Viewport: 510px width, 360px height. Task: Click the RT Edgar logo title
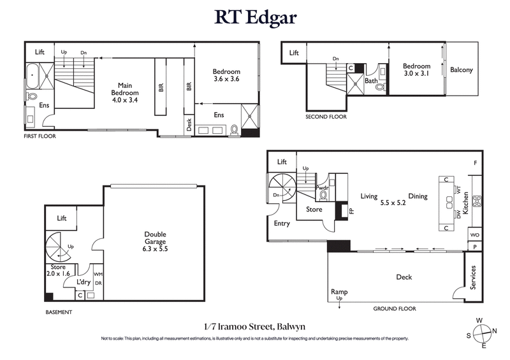pyautogui.click(x=254, y=17)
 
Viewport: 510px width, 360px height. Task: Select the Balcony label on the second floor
pyautogui.click(x=462, y=70)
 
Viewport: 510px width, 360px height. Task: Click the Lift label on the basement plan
pyautogui.click(x=62, y=218)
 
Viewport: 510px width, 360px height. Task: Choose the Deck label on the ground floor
pyautogui.click(x=404, y=277)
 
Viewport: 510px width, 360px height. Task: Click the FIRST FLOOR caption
pyautogui.click(x=40, y=136)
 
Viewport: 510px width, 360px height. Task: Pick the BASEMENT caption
pyautogui.click(x=59, y=312)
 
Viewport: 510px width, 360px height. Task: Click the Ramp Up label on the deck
pyautogui.click(x=339, y=294)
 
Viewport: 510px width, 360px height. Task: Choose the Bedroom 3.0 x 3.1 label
pyautogui.click(x=416, y=69)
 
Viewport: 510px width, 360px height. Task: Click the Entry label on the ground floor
pyautogui.click(x=281, y=224)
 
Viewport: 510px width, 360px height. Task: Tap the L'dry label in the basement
pyautogui.click(x=84, y=281)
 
